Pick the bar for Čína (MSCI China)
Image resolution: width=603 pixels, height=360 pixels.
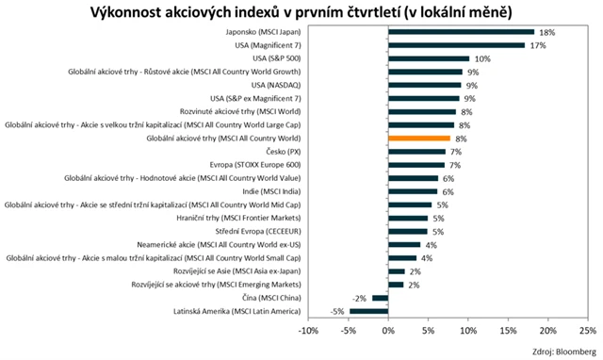380,298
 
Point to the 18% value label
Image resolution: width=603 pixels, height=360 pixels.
547,31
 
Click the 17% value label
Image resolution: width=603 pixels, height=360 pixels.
538,44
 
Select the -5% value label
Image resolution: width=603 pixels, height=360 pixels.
335,311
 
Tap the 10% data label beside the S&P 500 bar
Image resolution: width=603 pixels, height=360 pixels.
481,58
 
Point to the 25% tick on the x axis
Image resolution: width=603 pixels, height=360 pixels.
586,332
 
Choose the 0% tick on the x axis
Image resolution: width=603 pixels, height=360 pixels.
388,332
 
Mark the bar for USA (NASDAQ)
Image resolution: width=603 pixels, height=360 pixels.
424,85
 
